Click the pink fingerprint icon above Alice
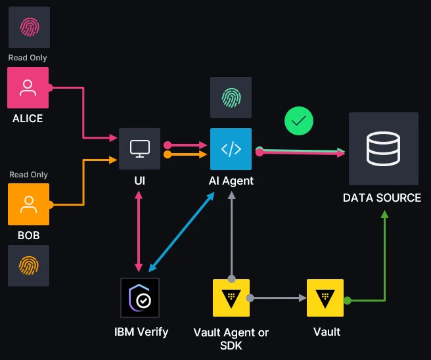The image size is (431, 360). pos(28,27)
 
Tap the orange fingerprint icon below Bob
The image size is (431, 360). pos(28,265)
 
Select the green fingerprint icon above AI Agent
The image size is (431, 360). pos(231,97)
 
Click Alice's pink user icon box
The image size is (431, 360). pos(28,87)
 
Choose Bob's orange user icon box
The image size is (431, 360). pos(28,204)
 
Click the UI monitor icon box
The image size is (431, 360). pos(139,148)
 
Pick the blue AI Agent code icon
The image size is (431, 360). pos(231,149)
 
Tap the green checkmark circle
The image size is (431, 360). pos(299,121)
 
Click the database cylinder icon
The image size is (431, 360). pos(383,148)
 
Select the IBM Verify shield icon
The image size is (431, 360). pos(140,298)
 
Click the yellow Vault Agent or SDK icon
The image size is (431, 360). pos(231,298)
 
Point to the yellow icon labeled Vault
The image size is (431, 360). pos(325,298)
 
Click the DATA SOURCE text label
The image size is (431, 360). pos(382,197)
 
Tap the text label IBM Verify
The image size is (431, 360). pos(141,332)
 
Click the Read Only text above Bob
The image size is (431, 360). pos(28,175)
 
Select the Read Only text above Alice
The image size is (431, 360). pos(28,58)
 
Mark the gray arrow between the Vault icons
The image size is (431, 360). pos(279,298)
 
